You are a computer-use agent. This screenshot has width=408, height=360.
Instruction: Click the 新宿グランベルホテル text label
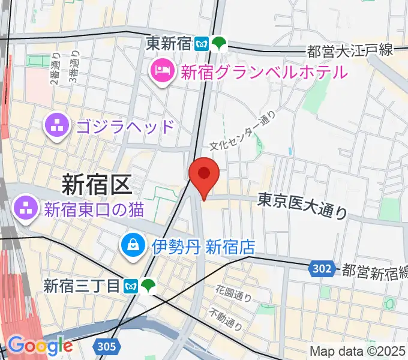263,73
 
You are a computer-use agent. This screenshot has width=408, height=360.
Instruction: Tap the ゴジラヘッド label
125,127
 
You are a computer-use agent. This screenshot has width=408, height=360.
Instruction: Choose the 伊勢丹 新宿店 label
203,246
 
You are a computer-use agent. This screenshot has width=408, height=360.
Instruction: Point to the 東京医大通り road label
303,204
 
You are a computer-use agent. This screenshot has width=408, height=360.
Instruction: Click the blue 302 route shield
322,269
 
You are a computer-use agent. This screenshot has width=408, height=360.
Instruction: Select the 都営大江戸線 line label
350,51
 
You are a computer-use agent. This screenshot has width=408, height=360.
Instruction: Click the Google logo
40,345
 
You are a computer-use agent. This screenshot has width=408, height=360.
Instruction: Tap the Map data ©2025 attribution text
358,351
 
